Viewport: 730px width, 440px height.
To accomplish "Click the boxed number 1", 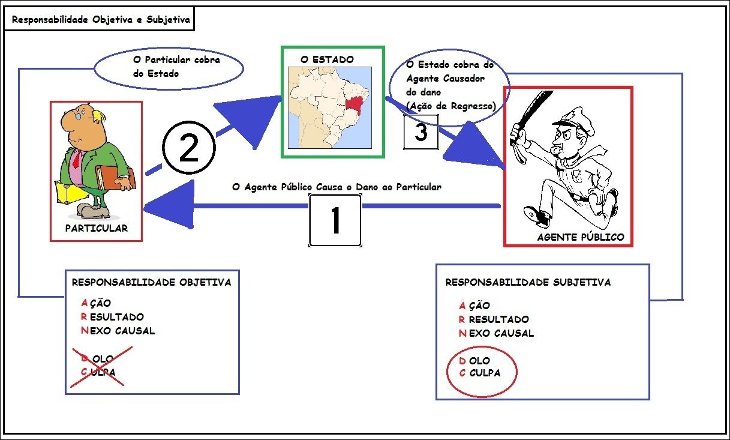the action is click(x=335, y=220).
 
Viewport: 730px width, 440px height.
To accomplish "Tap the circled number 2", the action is click(x=189, y=148).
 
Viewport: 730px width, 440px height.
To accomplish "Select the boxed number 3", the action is click(x=420, y=132).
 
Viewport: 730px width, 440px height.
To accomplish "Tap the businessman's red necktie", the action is click(x=77, y=159).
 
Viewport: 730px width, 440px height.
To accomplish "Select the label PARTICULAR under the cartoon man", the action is click(x=97, y=228).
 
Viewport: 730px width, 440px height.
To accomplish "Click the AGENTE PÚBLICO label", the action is click(x=581, y=237).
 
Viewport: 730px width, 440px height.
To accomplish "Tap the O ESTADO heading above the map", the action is click(x=327, y=59).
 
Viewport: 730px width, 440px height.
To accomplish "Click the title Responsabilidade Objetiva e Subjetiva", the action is click(x=101, y=20).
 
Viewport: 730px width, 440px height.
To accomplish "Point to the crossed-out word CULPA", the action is click(x=98, y=372).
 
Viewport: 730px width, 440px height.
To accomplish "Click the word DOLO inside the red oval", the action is click(x=474, y=360).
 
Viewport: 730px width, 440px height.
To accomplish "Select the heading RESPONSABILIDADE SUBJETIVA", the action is click(x=528, y=282).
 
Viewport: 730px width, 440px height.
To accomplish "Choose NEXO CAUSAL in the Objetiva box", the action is click(x=118, y=331).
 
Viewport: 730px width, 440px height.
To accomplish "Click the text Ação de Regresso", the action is click(x=451, y=106).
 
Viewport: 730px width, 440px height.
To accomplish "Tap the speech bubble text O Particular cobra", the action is click(x=176, y=59).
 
